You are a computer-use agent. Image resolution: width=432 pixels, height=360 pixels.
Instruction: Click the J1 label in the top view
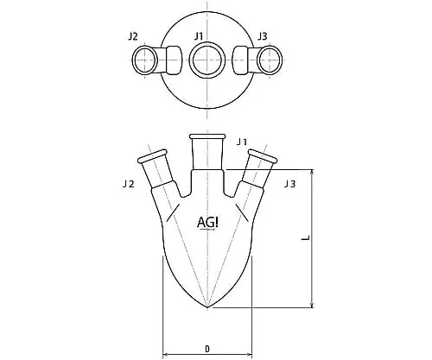tap(199, 36)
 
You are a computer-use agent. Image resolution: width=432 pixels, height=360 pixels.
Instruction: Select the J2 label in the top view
tap(133, 36)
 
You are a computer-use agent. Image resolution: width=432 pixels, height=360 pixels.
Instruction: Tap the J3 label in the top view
tap(263, 36)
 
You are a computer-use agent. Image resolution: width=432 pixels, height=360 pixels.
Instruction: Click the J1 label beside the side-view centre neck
tap(242, 142)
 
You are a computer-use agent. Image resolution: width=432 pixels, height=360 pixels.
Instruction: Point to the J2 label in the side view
tap(129, 184)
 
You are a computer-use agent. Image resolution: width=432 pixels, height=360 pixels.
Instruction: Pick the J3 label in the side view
tap(289, 184)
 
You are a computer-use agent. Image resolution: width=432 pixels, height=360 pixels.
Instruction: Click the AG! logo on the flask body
tap(207, 223)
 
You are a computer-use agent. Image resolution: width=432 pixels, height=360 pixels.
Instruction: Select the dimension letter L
tap(306, 237)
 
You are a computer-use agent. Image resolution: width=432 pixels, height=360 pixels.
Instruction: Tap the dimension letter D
tap(207, 349)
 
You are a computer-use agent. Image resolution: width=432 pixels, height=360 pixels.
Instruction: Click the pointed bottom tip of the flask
tap(207, 307)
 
